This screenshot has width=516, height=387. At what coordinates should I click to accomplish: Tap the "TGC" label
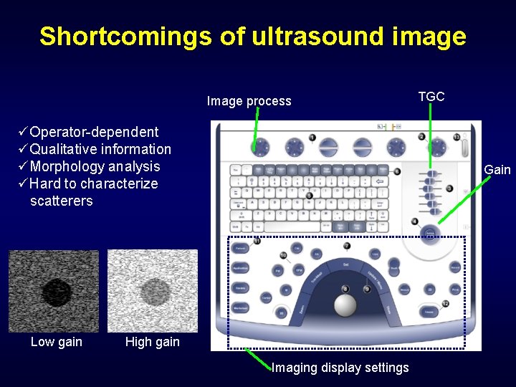click(431, 96)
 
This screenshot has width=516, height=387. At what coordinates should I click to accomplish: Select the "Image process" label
click(249, 101)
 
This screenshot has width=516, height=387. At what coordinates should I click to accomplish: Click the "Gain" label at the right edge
click(497, 170)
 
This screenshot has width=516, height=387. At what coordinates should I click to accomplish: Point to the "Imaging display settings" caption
click(340, 368)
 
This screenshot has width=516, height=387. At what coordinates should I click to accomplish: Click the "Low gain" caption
click(57, 342)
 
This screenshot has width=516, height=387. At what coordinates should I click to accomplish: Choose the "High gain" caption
click(152, 342)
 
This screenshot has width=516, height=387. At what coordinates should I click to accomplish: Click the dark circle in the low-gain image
click(56, 292)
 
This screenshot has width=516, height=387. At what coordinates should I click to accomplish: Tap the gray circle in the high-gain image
click(153, 292)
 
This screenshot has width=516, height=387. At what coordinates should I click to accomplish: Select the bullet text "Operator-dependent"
click(94, 132)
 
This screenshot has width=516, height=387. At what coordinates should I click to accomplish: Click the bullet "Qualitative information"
click(100, 149)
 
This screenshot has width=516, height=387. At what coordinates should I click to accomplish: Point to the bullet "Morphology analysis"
click(95, 166)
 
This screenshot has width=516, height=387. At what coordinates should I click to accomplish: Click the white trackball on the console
click(345, 305)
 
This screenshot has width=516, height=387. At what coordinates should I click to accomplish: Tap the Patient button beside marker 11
click(241, 248)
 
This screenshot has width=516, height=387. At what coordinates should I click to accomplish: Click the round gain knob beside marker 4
click(429, 234)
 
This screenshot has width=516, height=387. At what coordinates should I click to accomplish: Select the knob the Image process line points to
click(259, 147)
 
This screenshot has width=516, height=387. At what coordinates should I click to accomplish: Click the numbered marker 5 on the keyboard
click(309, 196)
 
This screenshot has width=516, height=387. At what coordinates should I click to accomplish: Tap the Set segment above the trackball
click(345, 264)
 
